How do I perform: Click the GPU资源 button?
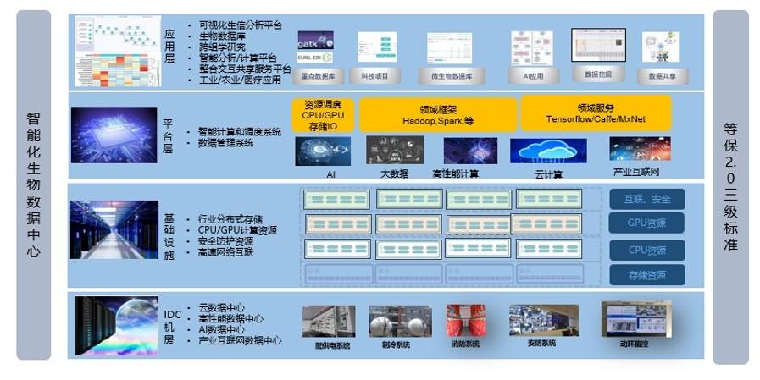646,223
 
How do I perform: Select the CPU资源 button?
646,250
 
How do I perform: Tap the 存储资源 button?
646,275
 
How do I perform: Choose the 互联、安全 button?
646,199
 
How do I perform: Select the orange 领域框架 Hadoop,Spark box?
437,114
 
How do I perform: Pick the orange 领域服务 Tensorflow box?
595,113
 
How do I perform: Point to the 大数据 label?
394,173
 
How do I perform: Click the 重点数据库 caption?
315,75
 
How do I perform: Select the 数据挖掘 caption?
598,74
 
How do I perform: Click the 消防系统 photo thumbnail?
466,321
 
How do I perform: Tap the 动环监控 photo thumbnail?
635,319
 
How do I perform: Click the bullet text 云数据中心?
221,308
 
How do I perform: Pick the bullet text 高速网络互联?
225,252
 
